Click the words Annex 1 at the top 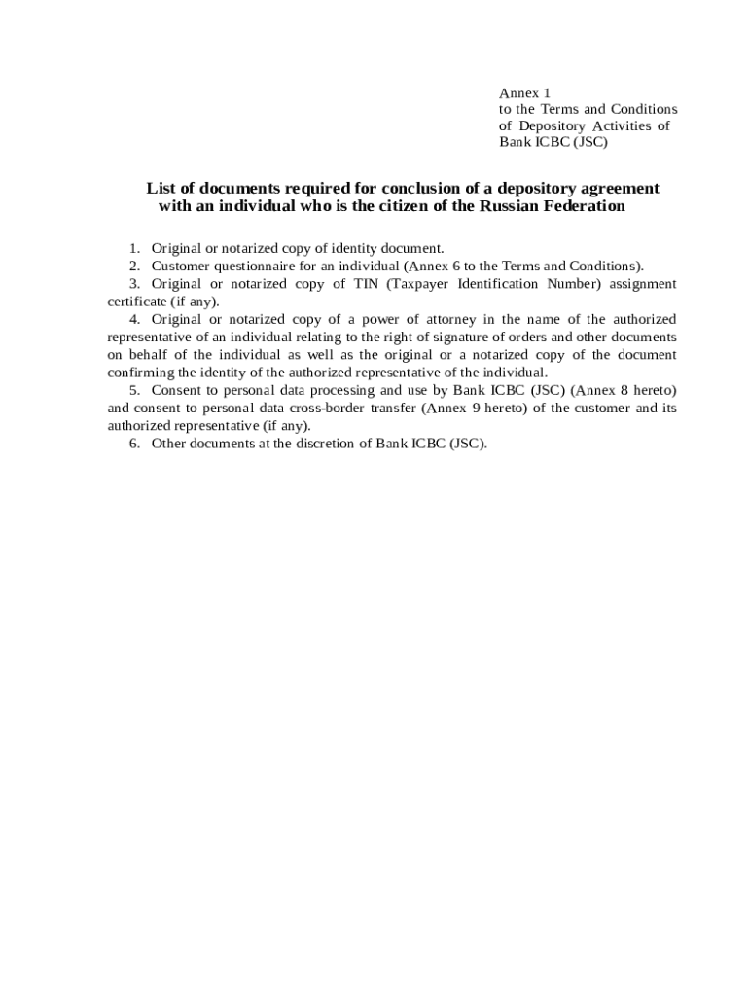coord(524,93)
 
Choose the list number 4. coord(133,319)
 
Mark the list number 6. coord(133,444)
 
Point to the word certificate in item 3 coord(137,302)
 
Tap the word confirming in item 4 coord(139,373)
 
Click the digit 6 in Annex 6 coord(456,267)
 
